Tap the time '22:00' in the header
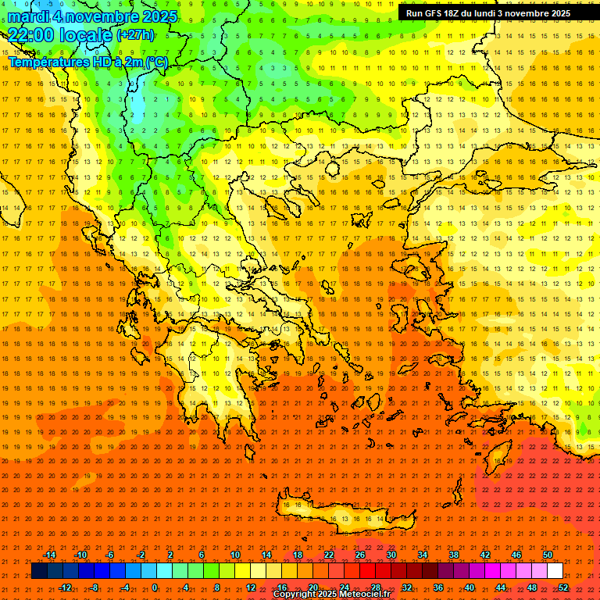click(31, 35)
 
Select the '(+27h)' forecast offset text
click(135, 35)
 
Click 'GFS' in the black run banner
click(435, 13)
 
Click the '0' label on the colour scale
click(155, 587)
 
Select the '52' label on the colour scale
click(563, 587)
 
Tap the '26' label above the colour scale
click(360, 555)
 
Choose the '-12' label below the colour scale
click(65, 587)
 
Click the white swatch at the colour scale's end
click(555, 571)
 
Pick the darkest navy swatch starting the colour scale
click(39, 571)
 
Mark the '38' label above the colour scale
click(454, 555)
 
